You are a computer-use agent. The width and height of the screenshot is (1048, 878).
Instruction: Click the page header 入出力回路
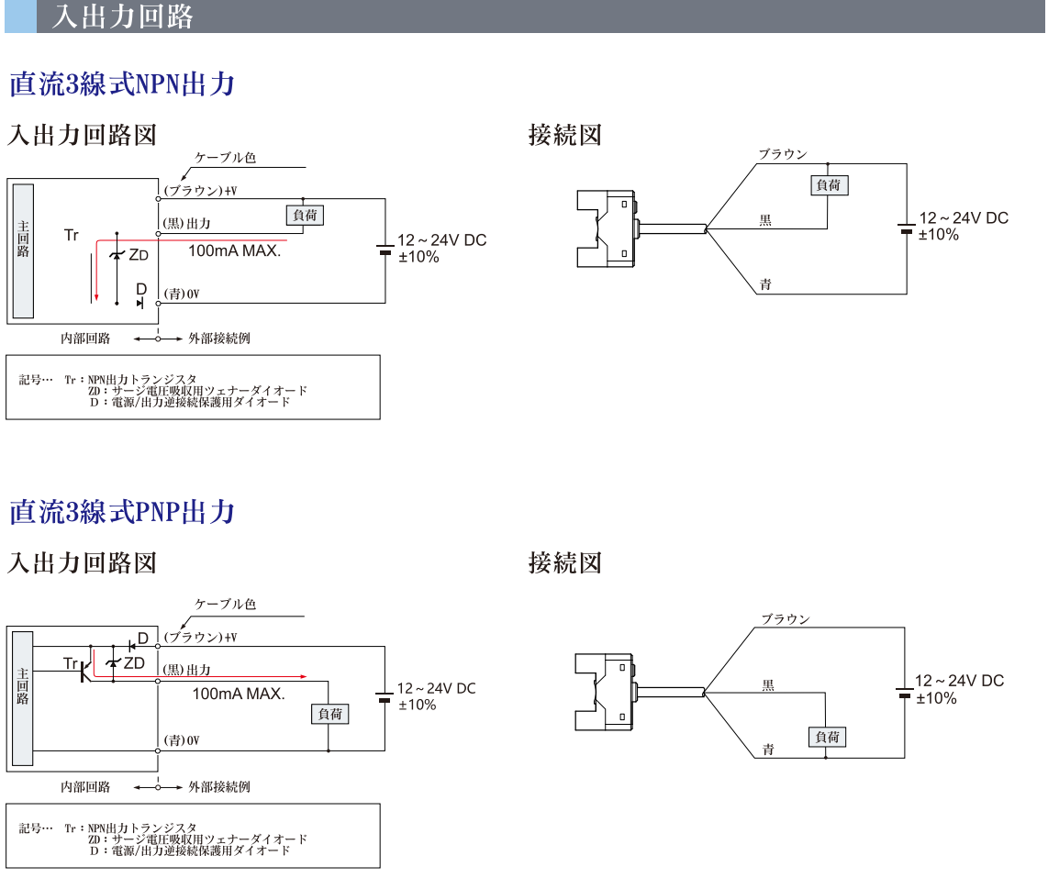tap(122, 17)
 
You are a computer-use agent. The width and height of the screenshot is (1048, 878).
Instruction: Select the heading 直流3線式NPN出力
tap(122, 84)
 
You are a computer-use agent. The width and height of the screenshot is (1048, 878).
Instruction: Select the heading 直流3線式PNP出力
tap(122, 512)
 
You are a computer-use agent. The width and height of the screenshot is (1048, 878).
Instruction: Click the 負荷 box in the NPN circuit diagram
tap(306, 215)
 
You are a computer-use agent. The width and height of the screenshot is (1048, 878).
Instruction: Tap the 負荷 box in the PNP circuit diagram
tap(330, 714)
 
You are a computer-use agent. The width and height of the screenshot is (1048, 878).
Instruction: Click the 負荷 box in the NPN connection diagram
tap(828, 184)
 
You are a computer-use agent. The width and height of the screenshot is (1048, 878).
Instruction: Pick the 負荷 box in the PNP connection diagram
tap(827, 737)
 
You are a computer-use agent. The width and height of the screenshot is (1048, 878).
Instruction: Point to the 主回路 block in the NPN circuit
tap(24, 250)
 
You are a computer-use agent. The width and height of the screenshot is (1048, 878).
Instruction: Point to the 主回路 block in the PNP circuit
tap(24, 698)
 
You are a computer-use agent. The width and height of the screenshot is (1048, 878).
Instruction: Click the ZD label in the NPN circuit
tap(138, 254)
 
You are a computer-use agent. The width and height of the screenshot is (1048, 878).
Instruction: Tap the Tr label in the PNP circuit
tap(72, 662)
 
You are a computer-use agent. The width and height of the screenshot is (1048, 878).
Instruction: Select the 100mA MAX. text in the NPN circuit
tap(234, 250)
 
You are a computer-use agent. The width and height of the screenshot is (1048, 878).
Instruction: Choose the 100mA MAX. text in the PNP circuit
tap(239, 694)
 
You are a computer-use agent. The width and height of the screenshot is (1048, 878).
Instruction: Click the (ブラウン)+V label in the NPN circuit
tap(199, 191)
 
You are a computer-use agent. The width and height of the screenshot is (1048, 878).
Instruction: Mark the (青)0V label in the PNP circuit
tap(182, 740)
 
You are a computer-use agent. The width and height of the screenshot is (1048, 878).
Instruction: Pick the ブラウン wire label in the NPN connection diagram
tap(782, 154)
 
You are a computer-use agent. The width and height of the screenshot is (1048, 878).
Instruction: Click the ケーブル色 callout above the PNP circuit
tap(225, 604)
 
